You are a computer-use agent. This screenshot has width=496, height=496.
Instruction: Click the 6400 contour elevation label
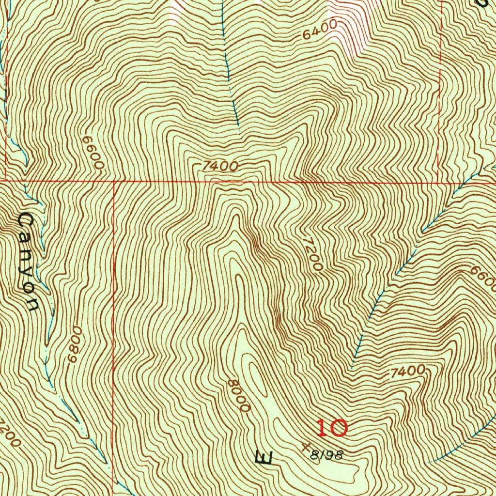click(x=319, y=33)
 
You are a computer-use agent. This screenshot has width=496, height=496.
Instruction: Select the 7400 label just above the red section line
click(x=220, y=167)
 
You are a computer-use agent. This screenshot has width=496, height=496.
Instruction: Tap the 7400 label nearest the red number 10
click(x=406, y=372)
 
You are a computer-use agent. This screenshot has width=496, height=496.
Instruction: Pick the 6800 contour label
click(x=73, y=347)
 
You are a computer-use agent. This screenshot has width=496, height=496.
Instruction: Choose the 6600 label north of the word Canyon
click(x=93, y=152)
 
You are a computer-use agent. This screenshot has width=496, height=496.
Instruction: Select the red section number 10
click(x=332, y=428)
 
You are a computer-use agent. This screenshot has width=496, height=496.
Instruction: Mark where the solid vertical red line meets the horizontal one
click(x=114, y=182)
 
